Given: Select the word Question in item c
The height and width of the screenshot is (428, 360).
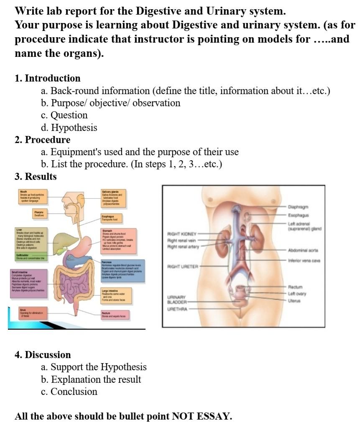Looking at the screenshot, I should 69,115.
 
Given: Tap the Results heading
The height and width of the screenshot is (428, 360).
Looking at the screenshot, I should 41,177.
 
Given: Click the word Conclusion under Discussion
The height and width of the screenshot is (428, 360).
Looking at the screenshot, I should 74,392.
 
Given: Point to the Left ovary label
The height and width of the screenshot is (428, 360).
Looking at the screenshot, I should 297,294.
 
